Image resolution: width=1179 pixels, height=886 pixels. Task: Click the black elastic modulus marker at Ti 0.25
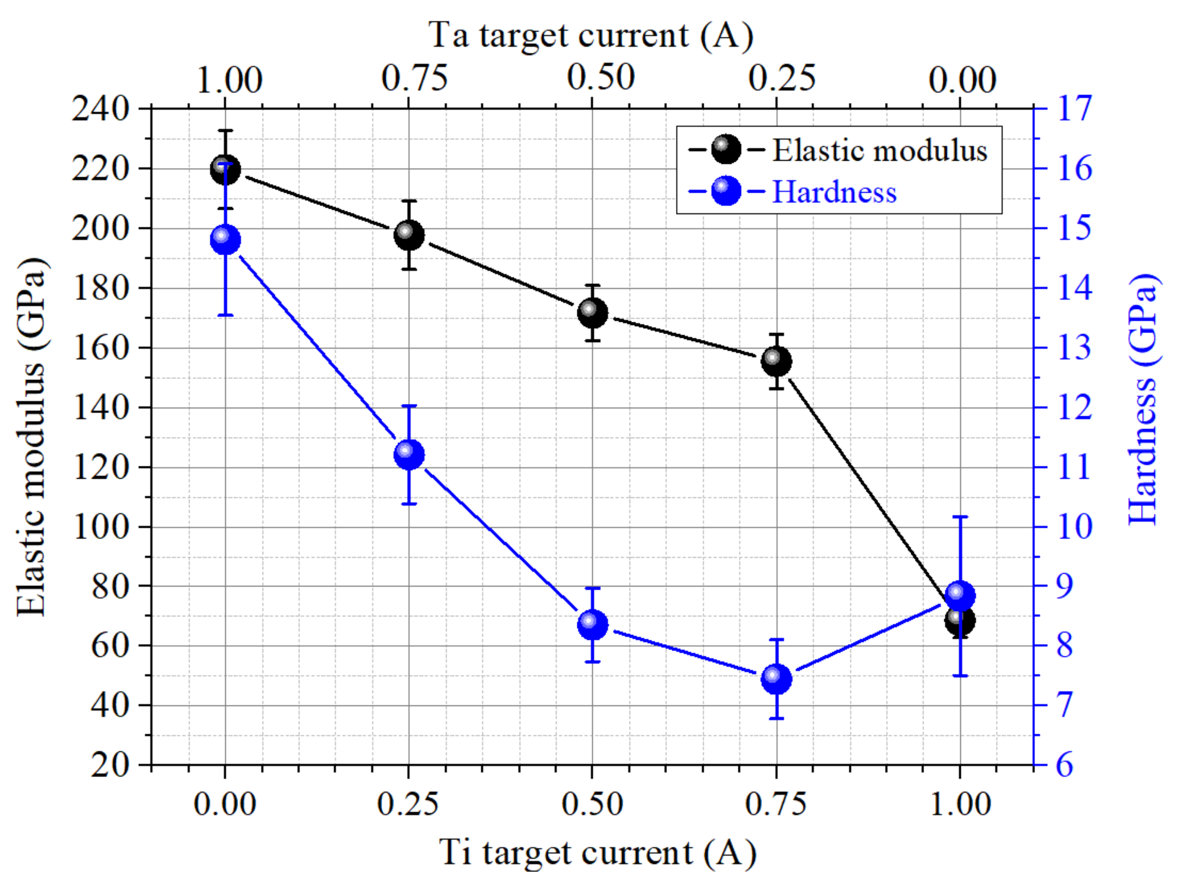409,235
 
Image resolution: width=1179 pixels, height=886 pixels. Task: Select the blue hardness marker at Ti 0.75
777,679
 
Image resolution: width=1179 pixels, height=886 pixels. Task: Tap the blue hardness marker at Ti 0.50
592,624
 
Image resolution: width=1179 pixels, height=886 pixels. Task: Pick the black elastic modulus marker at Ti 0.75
777,361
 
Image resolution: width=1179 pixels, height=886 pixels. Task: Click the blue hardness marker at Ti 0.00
225,240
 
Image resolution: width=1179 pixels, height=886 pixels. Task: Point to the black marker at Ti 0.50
592,312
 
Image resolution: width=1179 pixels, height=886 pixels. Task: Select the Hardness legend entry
834,191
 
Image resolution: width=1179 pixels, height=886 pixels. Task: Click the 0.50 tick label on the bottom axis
592,804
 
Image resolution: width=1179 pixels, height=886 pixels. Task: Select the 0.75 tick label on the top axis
414,78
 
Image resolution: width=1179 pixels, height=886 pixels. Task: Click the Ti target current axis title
597,852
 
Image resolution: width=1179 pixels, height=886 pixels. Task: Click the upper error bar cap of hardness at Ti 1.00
960,516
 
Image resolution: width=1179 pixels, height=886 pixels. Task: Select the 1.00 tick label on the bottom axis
960,804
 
